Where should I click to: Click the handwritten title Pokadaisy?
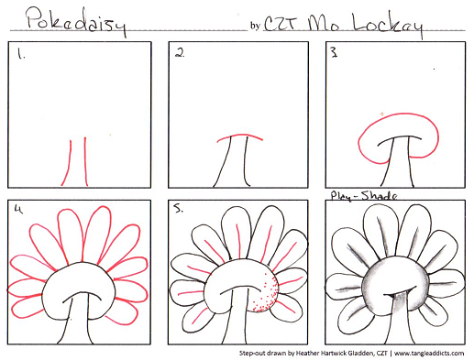(x=76, y=21)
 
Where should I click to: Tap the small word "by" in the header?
(x=255, y=26)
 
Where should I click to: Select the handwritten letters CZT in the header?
(x=281, y=23)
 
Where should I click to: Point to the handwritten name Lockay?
(x=388, y=24)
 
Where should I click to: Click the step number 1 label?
(x=21, y=54)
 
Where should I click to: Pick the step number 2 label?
(x=180, y=53)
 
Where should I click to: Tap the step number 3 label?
(x=334, y=53)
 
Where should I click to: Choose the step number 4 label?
(x=18, y=209)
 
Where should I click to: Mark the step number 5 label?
(x=178, y=209)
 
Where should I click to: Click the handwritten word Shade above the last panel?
(x=380, y=195)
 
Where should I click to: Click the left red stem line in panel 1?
(x=67, y=162)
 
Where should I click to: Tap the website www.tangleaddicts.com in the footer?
(x=429, y=354)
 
